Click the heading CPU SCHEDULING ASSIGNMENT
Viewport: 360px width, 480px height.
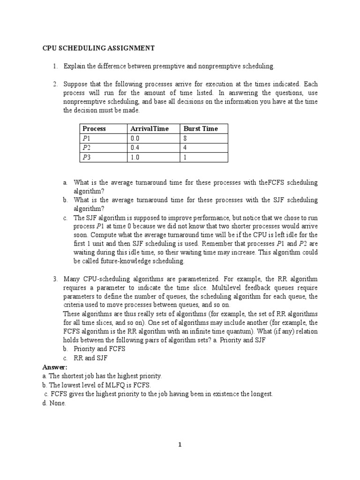coord(98,48)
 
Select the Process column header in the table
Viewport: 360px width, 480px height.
coord(94,128)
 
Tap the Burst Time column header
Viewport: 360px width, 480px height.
coord(201,128)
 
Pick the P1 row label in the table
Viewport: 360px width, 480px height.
coord(87,138)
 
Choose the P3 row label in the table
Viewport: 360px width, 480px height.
coord(87,157)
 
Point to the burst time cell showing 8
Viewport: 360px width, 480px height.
coord(186,138)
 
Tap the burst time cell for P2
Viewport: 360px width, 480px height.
coord(186,148)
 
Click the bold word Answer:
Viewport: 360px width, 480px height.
coord(55,367)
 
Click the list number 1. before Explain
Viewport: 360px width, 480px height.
coord(55,66)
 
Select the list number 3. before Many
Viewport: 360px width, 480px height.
coord(55,279)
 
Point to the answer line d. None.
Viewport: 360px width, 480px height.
coord(54,403)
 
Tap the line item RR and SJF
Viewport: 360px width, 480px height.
coord(91,358)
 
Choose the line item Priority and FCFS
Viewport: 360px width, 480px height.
coord(99,349)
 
